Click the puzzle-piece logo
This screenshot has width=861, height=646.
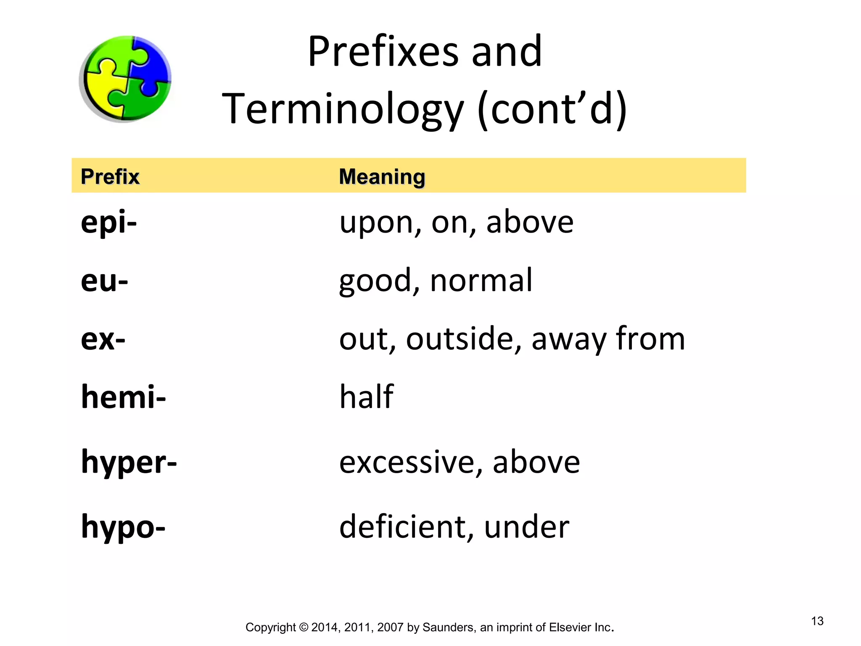pyautogui.click(x=125, y=79)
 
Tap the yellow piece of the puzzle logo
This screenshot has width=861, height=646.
pyautogui.click(x=101, y=90)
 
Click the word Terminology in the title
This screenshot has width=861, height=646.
pyautogui.click(x=343, y=109)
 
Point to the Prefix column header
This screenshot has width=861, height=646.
pyautogui.click(x=110, y=176)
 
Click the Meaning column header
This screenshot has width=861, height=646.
pyautogui.click(x=382, y=177)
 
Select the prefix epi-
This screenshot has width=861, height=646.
pyautogui.click(x=108, y=222)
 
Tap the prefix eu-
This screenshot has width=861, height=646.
pyautogui.click(x=104, y=281)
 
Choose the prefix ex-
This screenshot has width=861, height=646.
pyautogui.click(x=103, y=339)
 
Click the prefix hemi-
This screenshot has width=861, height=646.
pyautogui.click(x=123, y=397)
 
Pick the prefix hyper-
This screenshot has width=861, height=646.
pyautogui.click(x=129, y=462)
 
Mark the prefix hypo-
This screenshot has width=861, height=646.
pyautogui.click(x=123, y=527)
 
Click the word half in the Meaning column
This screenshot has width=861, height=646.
pyautogui.click(x=366, y=397)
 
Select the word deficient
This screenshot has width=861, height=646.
pyautogui.click(x=406, y=527)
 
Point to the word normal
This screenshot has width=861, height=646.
pyautogui.click(x=481, y=281)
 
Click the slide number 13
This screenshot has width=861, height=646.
pyautogui.click(x=817, y=621)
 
